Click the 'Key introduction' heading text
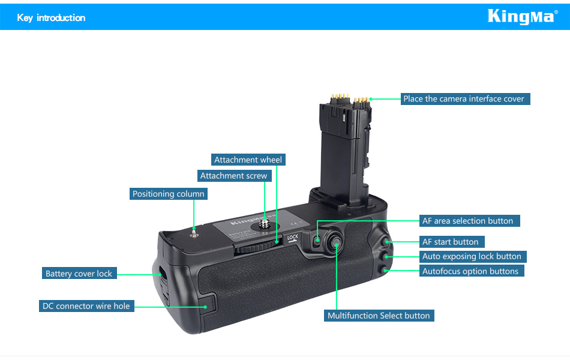pyautogui.click(x=51, y=18)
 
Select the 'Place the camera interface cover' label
pyautogui.click(x=466, y=99)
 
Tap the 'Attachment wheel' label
pyautogui.click(x=248, y=160)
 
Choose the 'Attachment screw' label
pyautogui.click(x=234, y=176)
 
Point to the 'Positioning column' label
pyautogui.click(x=169, y=194)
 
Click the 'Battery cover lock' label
pyautogui.click(x=79, y=274)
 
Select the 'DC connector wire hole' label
pyautogui.click(x=86, y=306)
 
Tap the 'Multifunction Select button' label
pyautogui.click(x=379, y=316)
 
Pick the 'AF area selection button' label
pyautogui.click(x=469, y=221)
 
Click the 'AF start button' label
pyautogui.click(x=452, y=242)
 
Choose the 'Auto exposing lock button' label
pyautogui.click(x=473, y=256)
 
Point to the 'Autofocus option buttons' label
pyautogui.click(x=472, y=271)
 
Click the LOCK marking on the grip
pyautogui.click(x=293, y=238)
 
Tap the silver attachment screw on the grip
pyautogui.click(x=265, y=224)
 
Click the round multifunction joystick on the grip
pyautogui.click(x=334, y=243)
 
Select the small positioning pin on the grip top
pyautogui.click(x=194, y=232)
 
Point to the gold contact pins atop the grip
pyautogui.click(x=350, y=98)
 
